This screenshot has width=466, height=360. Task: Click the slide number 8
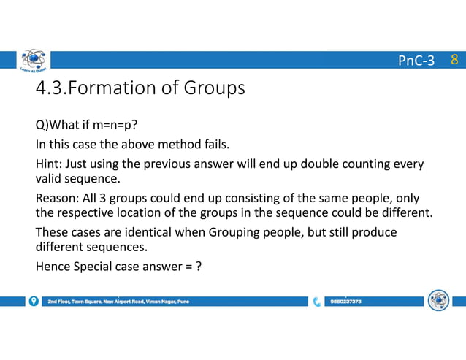point(454,60)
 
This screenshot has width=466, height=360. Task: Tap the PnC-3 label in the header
point(416,61)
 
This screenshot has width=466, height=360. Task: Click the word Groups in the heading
point(211,89)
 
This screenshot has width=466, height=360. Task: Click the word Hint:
point(50,164)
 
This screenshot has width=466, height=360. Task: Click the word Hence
point(52,267)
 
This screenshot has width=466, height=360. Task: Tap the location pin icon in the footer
point(34,301)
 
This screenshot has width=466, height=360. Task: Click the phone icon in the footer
point(317,301)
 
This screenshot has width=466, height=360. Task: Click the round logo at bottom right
point(438,300)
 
